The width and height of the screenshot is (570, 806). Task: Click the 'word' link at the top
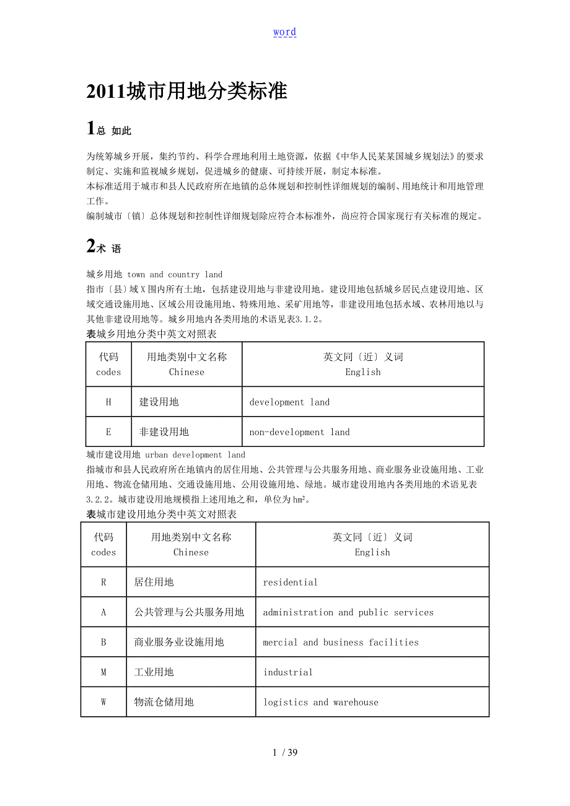tap(284, 32)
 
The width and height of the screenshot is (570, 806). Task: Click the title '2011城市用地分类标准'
tap(186, 92)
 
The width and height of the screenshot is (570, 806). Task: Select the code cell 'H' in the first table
tap(108, 402)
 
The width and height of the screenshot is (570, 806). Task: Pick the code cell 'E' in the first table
tap(108, 432)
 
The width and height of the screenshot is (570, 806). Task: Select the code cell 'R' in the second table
tap(103, 583)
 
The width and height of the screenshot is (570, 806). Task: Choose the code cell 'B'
tap(103, 643)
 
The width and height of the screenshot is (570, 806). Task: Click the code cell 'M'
tap(103, 672)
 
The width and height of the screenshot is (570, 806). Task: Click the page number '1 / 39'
tap(285, 753)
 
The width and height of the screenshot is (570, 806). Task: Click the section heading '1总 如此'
tap(109, 129)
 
